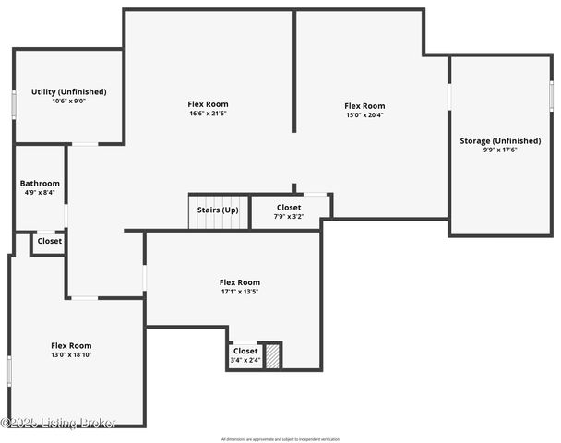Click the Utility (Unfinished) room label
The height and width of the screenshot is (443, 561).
tap(68, 91)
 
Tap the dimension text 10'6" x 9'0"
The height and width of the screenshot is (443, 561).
tap(68, 101)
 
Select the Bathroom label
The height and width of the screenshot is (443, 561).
tap(40, 183)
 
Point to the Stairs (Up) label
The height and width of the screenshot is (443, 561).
tap(218, 210)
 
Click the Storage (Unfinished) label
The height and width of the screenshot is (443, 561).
tap(500, 140)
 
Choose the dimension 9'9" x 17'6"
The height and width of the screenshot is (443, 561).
tap(500, 150)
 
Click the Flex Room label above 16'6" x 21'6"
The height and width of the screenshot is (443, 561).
tap(208, 104)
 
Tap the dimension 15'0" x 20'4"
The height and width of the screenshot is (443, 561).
tap(364, 115)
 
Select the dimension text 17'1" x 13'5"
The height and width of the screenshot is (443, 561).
tap(239, 292)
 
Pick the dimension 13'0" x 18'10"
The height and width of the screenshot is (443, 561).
tap(71, 354)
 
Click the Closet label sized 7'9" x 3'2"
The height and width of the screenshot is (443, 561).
tap(288, 208)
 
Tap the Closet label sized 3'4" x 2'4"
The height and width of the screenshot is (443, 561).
tap(245, 352)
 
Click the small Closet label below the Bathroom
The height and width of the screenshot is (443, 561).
tap(49, 241)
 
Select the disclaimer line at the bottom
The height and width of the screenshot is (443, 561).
tap(280, 438)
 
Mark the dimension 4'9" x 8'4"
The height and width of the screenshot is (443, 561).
tap(40, 192)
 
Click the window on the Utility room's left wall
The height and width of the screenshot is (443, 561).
tap(14, 103)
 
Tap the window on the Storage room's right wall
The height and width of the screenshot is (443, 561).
tap(551, 96)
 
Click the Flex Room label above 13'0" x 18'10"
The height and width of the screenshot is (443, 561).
tap(71, 345)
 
